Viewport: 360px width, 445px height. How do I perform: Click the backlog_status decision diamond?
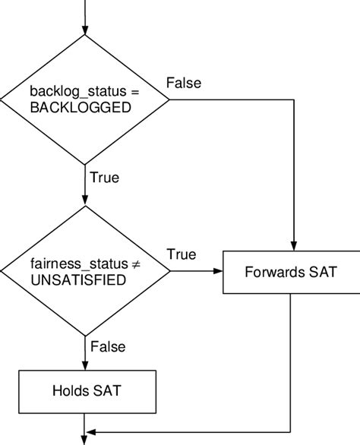pyautogui.click(x=84, y=99)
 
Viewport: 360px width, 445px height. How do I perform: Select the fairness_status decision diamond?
pyautogui.click(x=84, y=271)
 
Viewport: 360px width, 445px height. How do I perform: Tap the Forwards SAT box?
pyautogui.click(x=291, y=271)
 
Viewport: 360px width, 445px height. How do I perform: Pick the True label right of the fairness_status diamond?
pyautogui.click(x=182, y=254)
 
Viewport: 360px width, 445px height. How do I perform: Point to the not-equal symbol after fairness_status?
pyautogui.click(x=135, y=264)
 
